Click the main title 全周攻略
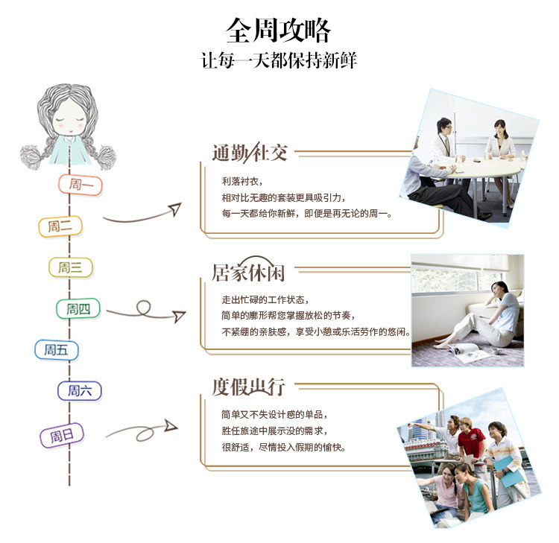click(279, 30)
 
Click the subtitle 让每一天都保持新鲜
click(279, 60)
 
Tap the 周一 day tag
click(80, 184)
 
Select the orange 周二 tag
click(60, 226)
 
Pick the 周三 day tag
click(71, 267)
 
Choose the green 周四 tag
click(78, 308)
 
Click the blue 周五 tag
click(56, 349)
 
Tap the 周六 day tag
click(80, 390)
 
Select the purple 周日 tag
click(61, 436)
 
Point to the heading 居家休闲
click(249, 273)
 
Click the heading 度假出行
click(249, 387)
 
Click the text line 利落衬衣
click(242, 181)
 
